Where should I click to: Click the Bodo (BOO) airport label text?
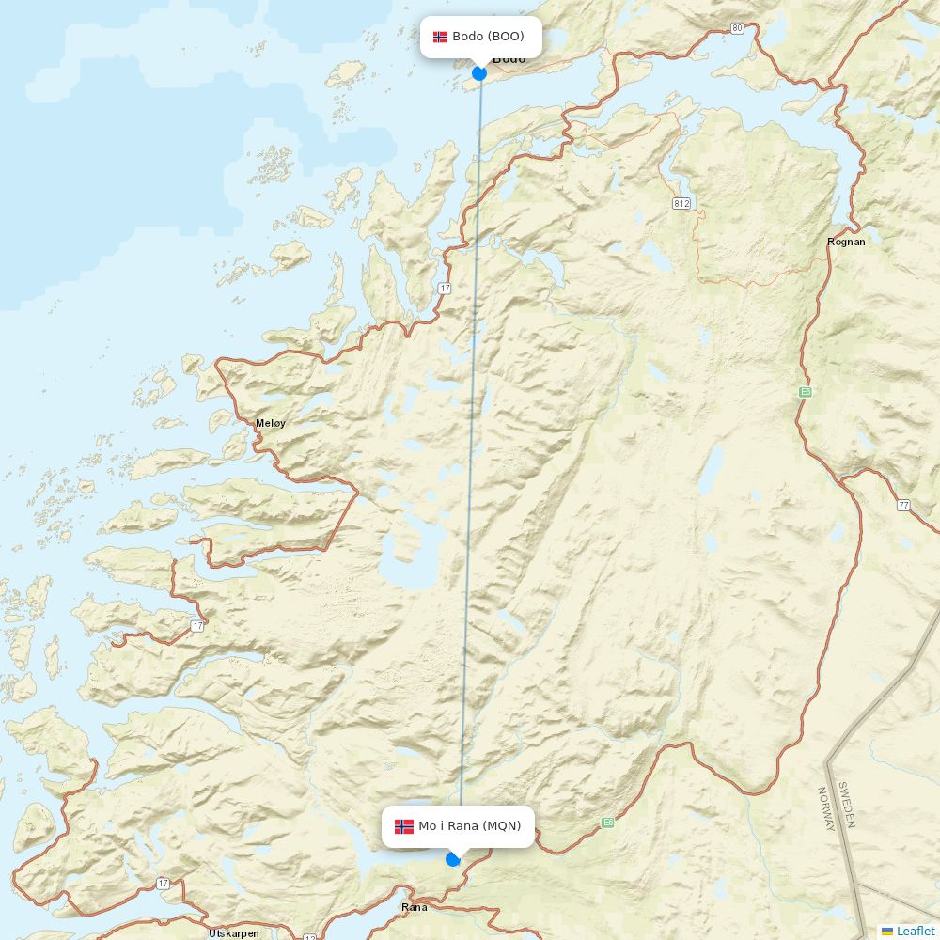pos(488,37)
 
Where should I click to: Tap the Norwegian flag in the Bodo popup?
pos(440,37)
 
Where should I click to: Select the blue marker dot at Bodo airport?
pos(479,72)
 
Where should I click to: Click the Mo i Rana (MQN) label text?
pos(469,826)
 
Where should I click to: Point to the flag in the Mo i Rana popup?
pos(404,826)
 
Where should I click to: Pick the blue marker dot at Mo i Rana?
pos(453,858)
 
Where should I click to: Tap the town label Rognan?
pos(846,242)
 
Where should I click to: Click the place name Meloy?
pos(271,423)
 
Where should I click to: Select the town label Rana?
pos(414,907)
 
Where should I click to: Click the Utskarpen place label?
pos(234,933)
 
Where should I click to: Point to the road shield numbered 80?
pos(737,28)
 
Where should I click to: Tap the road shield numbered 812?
pos(681,203)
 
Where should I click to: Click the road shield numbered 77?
pos(903,505)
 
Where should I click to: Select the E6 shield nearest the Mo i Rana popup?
pos(607,822)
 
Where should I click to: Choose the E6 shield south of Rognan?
pos(805,392)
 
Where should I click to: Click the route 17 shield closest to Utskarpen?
pos(164,884)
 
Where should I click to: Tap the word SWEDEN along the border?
pos(846,804)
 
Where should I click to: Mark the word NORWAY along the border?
pos(826,809)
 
